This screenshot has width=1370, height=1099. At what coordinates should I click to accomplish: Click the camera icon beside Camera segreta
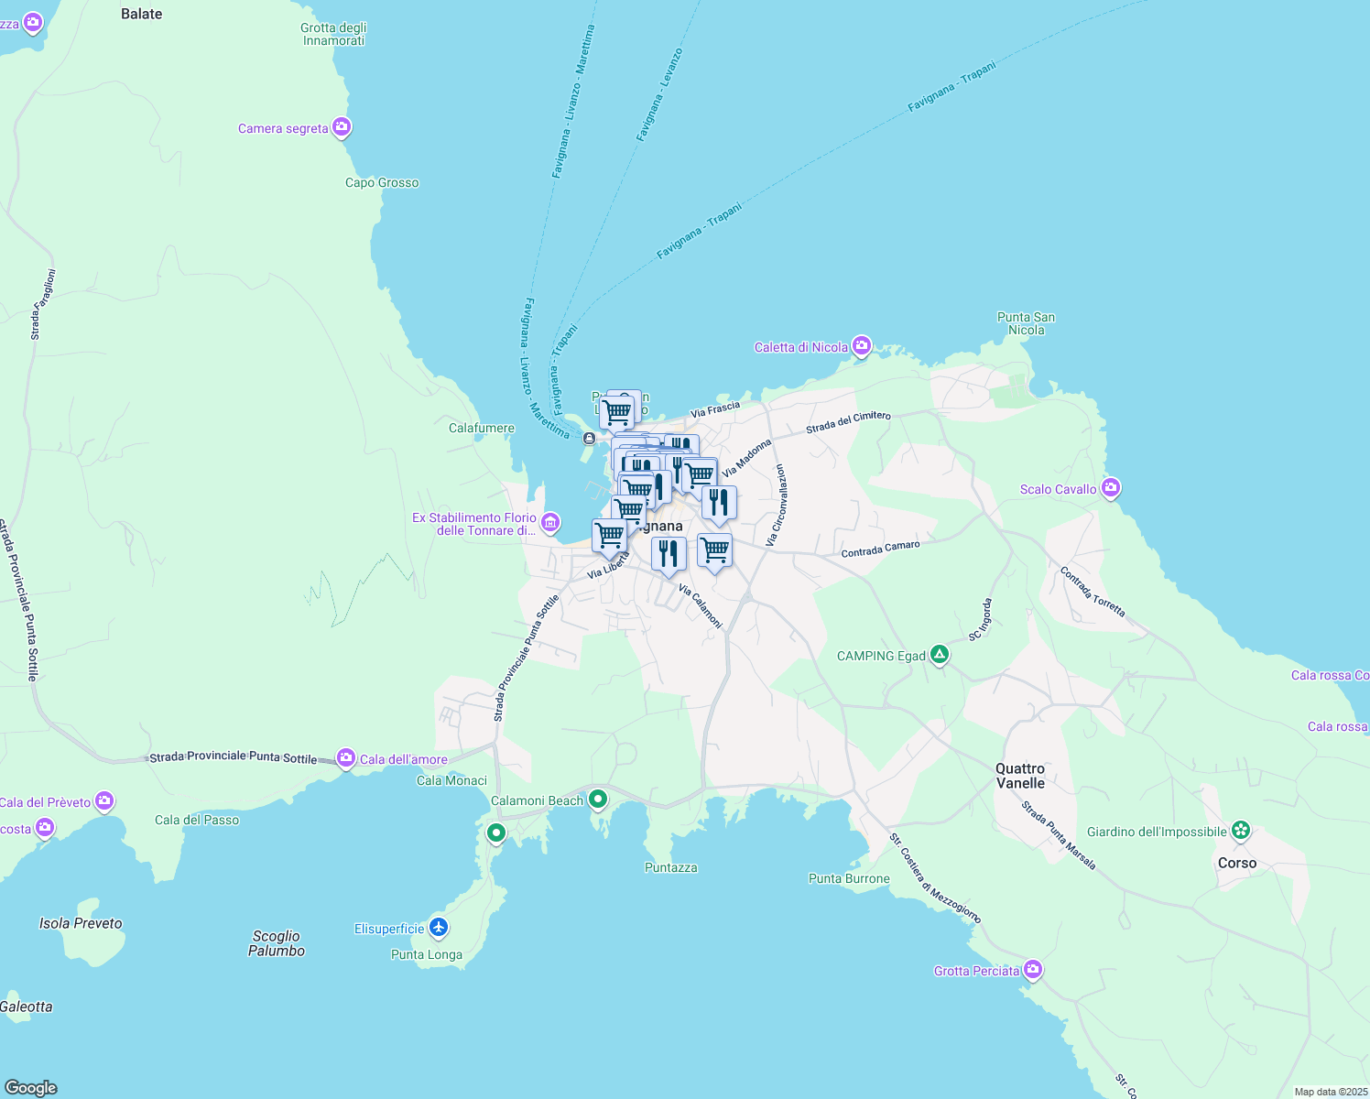[342, 127]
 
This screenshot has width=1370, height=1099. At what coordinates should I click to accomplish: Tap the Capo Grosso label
[382, 182]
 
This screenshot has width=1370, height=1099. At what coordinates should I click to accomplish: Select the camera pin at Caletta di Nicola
[861, 346]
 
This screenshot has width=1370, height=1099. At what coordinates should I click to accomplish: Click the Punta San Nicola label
[1026, 323]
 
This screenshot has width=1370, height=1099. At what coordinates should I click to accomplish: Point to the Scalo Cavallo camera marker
[1111, 488]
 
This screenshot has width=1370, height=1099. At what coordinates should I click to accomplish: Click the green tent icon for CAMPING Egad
[939, 655]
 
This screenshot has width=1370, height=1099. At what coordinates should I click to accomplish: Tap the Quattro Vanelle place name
[1020, 776]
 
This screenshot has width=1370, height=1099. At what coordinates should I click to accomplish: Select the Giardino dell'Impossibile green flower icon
[1241, 831]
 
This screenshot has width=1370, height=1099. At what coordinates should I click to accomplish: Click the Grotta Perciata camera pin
[1033, 970]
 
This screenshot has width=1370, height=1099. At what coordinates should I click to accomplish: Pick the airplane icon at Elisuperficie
[439, 928]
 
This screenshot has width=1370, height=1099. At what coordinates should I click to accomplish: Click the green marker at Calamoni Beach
[598, 800]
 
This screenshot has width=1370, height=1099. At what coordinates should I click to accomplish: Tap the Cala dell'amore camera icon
[345, 757]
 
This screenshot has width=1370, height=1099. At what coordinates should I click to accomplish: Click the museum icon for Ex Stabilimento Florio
[550, 523]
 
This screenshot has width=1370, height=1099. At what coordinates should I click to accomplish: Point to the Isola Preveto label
[81, 923]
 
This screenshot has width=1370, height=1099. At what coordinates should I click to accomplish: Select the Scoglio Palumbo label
[277, 943]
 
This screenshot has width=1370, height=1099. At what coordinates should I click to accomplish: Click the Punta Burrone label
[849, 878]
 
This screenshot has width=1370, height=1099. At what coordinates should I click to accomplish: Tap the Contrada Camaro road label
[880, 549]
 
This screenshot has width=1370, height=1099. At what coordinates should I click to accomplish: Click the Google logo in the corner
[30, 1088]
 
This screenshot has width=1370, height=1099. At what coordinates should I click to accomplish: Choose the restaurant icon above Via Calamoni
[669, 554]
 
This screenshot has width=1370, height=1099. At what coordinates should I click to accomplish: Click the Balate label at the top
[142, 14]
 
